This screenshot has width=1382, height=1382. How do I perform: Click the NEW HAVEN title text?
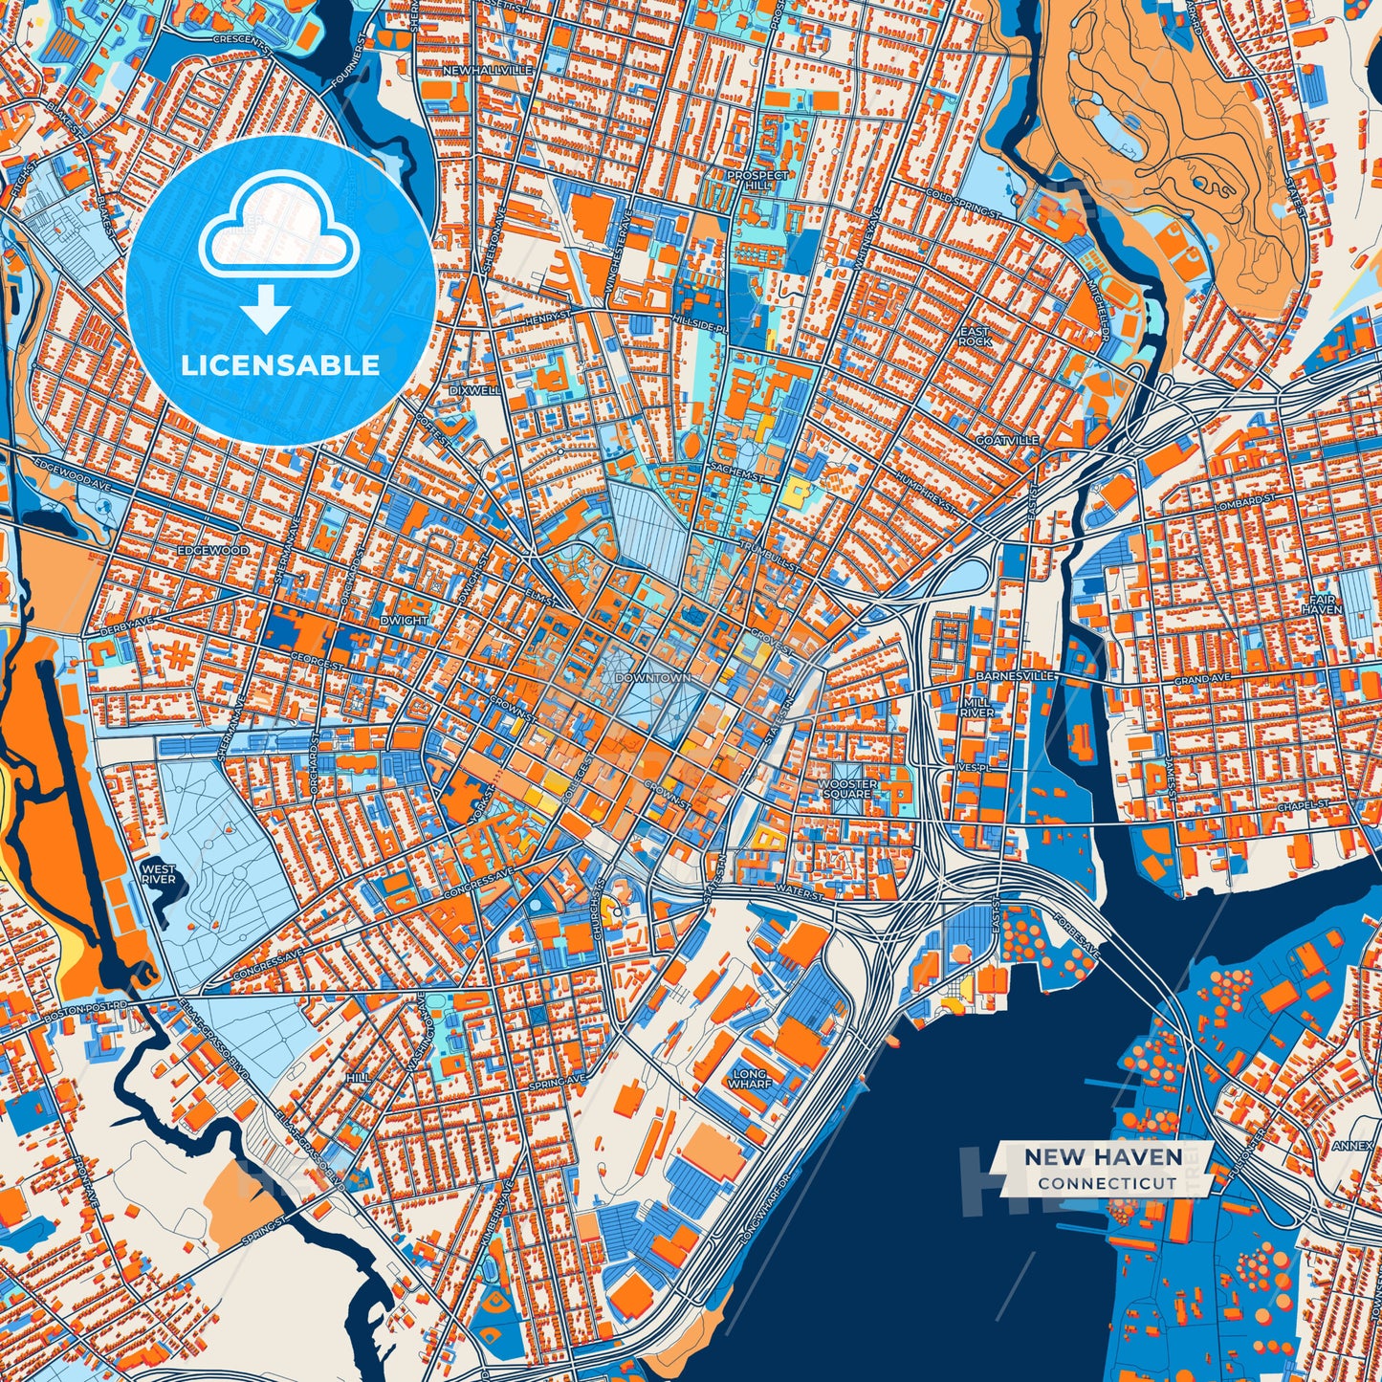click(1103, 1156)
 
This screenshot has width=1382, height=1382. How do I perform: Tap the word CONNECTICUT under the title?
click(1108, 1183)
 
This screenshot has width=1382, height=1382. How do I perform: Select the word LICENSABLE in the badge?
click(279, 365)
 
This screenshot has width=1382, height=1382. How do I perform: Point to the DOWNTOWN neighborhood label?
click(652, 677)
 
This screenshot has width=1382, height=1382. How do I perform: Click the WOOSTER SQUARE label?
click(847, 789)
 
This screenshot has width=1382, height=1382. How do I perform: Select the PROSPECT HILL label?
click(757, 181)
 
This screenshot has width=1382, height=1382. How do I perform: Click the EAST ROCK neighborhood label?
click(975, 336)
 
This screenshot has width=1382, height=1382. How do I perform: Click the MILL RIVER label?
click(976, 707)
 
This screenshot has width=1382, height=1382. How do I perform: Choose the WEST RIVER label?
click(158, 873)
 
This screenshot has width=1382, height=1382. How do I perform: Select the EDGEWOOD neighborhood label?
click(212, 551)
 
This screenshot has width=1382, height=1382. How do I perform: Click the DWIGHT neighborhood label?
click(403, 620)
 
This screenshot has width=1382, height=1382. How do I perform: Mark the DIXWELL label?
click(475, 390)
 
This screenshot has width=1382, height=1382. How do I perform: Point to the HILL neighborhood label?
click(359, 1077)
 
